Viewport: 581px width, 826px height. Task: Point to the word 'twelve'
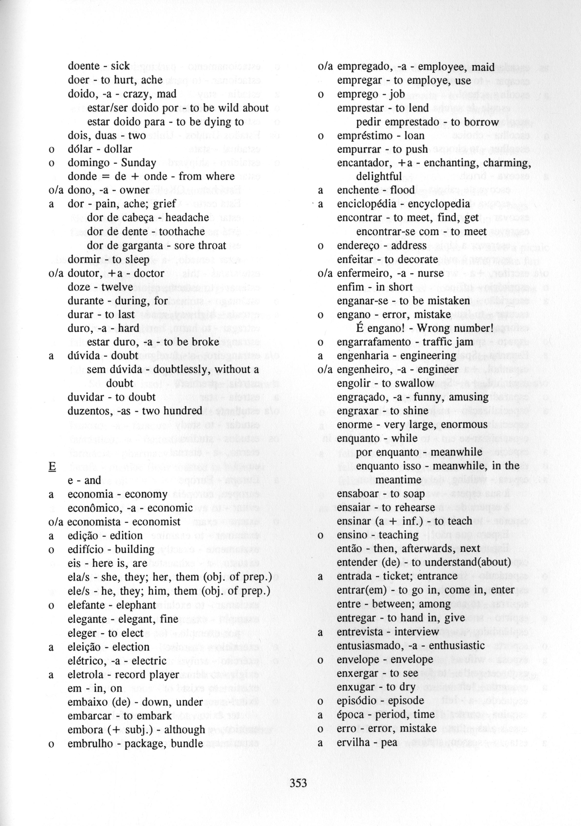[117, 287]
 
